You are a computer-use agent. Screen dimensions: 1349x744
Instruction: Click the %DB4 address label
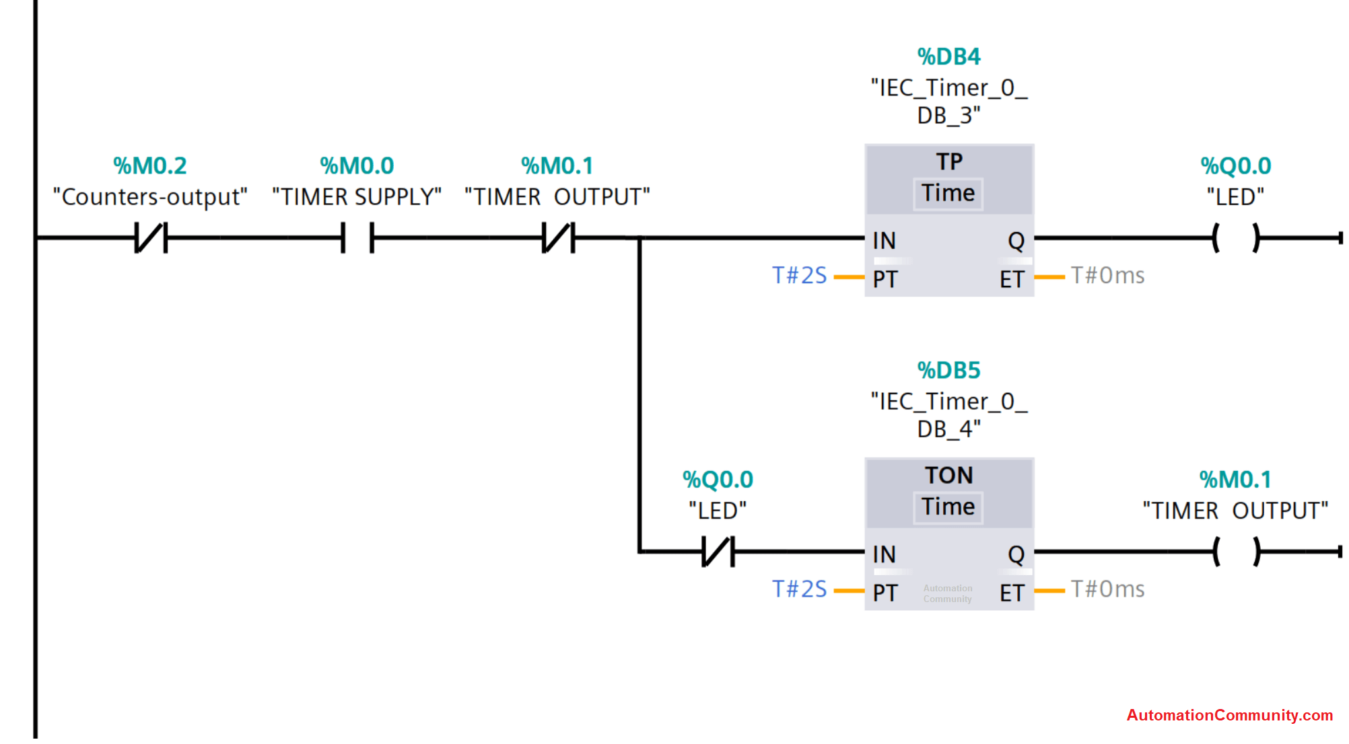pyautogui.click(x=948, y=57)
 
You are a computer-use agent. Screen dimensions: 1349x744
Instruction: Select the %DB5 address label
pyautogui.click(x=948, y=370)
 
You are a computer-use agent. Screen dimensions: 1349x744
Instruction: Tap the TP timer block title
pyautogui.click(x=949, y=161)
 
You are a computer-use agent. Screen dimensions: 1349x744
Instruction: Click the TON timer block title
pyautogui.click(x=949, y=475)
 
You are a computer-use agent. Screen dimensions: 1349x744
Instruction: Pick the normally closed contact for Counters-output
pyautogui.click(x=151, y=238)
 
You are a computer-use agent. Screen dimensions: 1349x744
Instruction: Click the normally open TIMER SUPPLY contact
pyautogui.click(x=357, y=238)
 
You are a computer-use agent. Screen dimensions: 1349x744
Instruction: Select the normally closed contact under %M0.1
pyautogui.click(x=559, y=238)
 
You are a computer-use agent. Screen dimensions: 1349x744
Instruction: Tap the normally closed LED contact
pyautogui.click(x=718, y=552)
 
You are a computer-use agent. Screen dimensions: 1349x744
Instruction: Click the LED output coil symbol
pyautogui.click(x=1236, y=238)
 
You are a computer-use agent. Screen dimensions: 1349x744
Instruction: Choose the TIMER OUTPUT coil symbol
pyautogui.click(x=1236, y=552)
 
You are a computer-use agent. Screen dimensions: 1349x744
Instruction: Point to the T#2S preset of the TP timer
pyautogui.click(x=799, y=275)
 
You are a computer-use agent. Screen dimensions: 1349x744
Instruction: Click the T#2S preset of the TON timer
pyautogui.click(x=799, y=589)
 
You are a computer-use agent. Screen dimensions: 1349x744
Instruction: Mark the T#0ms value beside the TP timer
pyautogui.click(x=1107, y=275)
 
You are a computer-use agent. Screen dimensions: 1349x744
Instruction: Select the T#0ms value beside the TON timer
pyautogui.click(x=1107, y=589)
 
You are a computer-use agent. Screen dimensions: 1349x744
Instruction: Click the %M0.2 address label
pyautogui.click(x=149, y=165)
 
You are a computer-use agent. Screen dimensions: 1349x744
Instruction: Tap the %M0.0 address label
pyautogui.click(x=357, y=165)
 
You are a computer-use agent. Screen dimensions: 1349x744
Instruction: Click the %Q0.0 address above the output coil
pyautogui.click(x=1236, y=165)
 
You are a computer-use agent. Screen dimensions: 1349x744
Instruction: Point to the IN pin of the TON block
pyautogui.click(x=884, y=554)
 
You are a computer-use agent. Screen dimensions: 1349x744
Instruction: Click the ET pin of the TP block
pyautogui.click(x=1012, y=279)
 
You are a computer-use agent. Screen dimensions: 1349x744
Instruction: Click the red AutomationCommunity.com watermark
pyautogui.click(x=1230, y=715)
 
